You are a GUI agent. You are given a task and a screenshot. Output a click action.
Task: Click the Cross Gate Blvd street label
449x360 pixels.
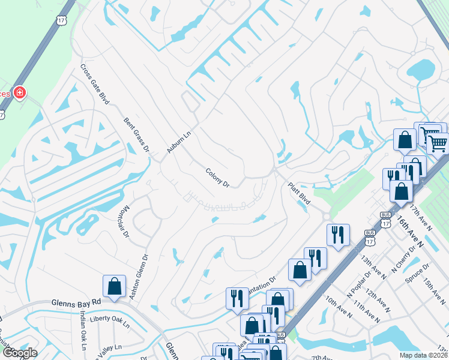pyautogui.click(x=95, y=85)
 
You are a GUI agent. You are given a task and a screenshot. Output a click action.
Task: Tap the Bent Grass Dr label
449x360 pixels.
pyautogui.click(x=136, y=134)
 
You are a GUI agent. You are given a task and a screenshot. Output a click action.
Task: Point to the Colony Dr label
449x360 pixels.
pyautogui.click(x=218, y=178)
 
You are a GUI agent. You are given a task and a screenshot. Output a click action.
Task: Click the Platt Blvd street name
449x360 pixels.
pyautogui.click(x=298, y=194)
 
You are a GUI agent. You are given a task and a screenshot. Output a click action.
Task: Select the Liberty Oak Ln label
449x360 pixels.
pyautogui.click(x=109, y=319)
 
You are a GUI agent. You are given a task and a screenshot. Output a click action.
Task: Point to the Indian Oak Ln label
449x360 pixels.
pyautogui.click(x=83, y=334)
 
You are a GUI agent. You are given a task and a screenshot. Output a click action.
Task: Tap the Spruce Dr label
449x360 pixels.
pyautogui.click(x=418, y=273)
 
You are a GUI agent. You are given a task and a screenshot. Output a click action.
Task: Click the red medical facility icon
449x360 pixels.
pyautogui.click(x=19, y=92)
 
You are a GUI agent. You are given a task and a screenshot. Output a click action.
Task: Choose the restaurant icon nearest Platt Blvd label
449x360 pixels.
pyautogui.click(x=338, y=235)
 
